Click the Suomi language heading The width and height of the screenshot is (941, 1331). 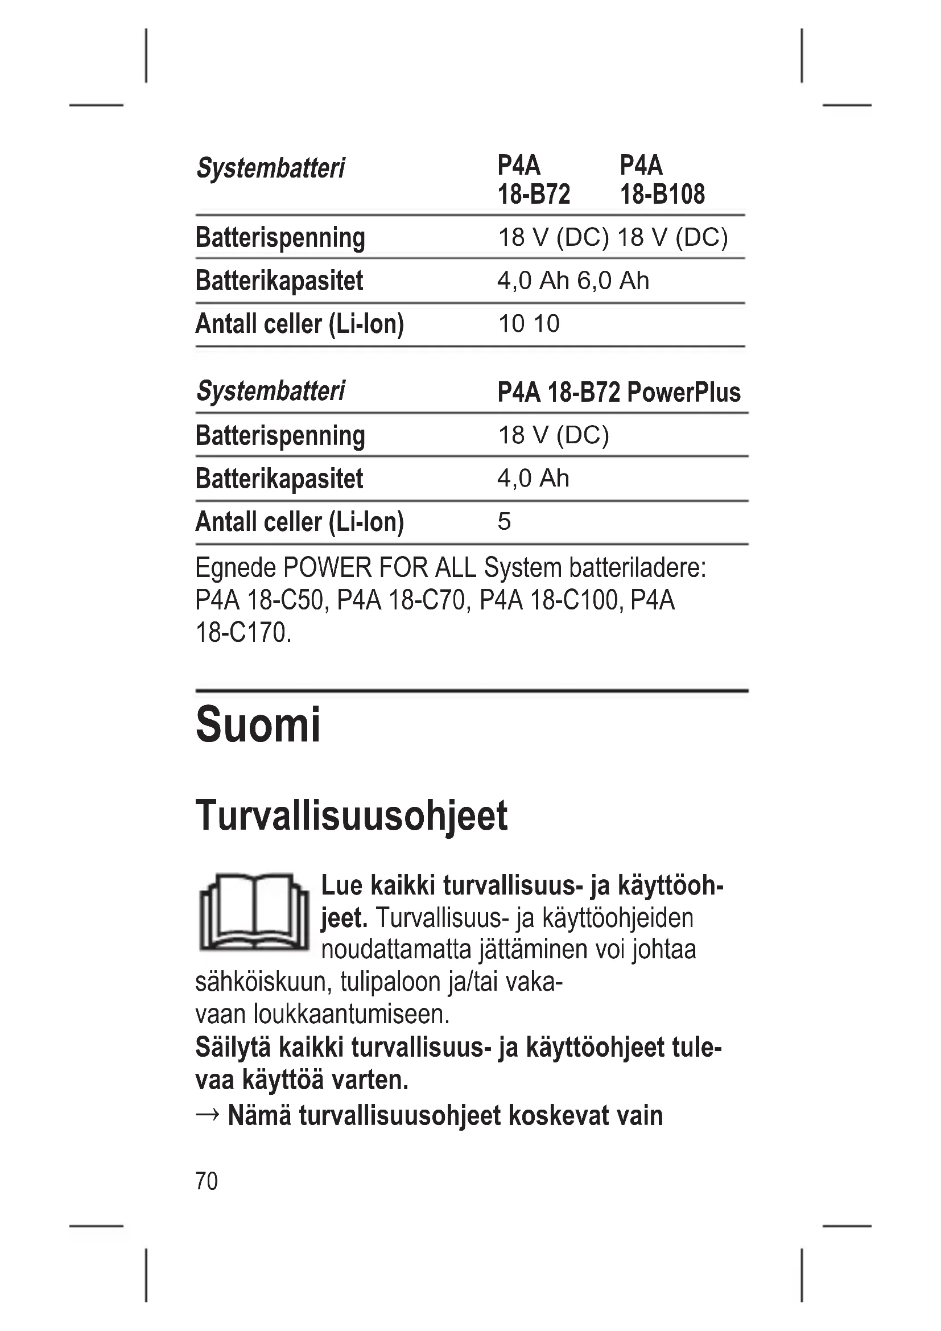[x=258, y=725]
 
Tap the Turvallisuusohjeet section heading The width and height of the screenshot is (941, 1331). [x=351, y=816]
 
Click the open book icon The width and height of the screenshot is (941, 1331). [x=254, y=913]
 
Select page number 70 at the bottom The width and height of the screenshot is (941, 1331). [x=207, y=1181]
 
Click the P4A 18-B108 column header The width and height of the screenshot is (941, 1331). [x=662, y=180]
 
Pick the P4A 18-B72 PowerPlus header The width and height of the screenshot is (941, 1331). [x=618, y=393]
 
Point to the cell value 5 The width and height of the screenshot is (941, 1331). [x=504, y=522]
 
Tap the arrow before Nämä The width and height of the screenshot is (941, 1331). [x=208, y=1115]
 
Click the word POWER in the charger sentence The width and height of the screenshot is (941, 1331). [x=327, y=568]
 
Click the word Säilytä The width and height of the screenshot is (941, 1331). [x=233, y=1048]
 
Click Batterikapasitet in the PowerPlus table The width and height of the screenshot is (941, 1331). [x=279, y=479]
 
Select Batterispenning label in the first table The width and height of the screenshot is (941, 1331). [x=280, y=238]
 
